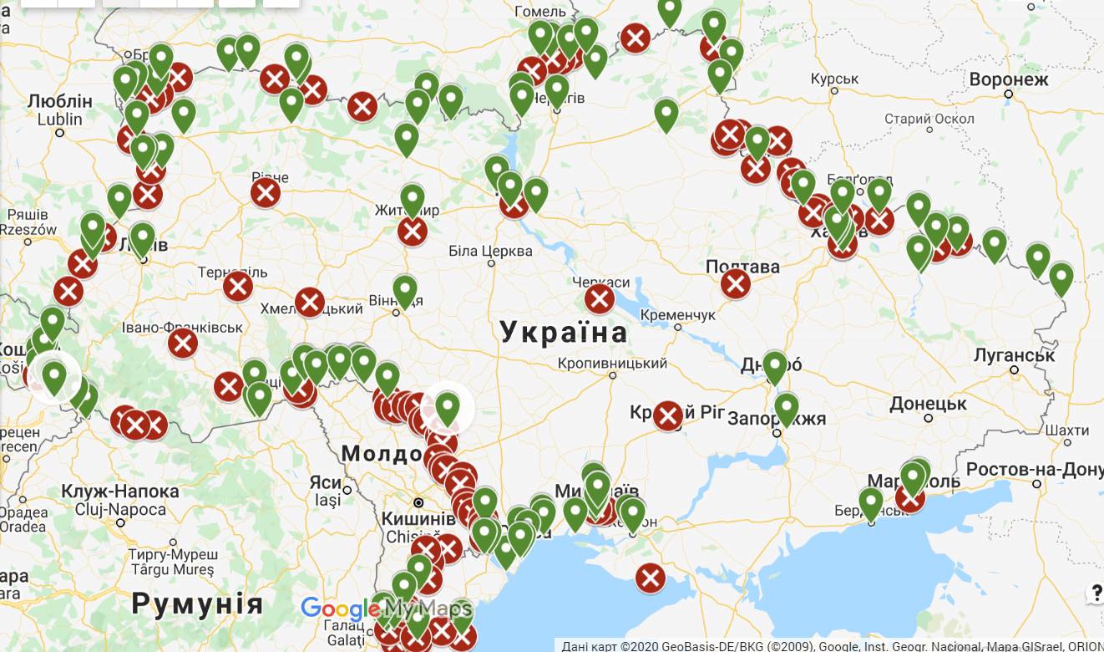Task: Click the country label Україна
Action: click(564, 333)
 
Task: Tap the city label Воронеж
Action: click(1008, 80)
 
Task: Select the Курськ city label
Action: click(834, 79)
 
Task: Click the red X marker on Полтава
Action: click(736, 284)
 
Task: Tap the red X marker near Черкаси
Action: click(600, 298)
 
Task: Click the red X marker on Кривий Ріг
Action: click(668, 415)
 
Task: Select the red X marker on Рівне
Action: click(266, 194)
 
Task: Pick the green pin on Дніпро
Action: click(775, 366)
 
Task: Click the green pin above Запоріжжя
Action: click(787, 408)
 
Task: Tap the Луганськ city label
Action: click(1014, 354)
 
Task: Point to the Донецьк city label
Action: click(927, 405)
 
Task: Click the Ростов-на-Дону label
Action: click(1034, 469)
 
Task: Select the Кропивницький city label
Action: click(614, 364)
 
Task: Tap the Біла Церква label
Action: click(490, 251)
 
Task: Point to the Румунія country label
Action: click(197, 603)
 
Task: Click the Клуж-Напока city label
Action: click(120, 492)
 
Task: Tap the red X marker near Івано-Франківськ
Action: click(183, 343)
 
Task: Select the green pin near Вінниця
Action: click(405, 289)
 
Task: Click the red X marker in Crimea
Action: click(651, 578)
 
